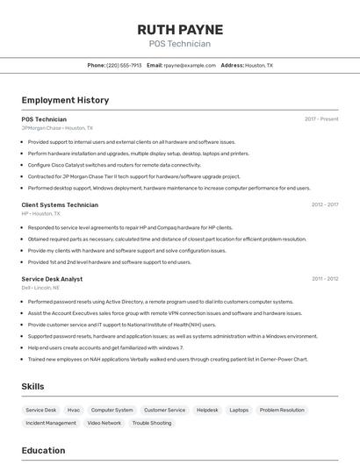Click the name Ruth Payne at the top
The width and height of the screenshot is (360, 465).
180,30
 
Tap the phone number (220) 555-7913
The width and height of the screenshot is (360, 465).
124,65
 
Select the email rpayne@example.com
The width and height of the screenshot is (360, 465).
190,65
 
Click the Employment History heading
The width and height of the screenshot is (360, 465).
65,100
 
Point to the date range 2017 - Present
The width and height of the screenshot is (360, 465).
321,119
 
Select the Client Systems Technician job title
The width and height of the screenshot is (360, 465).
60,204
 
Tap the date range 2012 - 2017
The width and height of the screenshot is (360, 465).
325,204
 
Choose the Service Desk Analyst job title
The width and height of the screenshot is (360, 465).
52,279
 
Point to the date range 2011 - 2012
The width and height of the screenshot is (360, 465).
325,279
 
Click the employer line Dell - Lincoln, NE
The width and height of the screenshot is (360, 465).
40,288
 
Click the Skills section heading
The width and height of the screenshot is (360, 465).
33,386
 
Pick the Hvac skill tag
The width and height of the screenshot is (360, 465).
74,410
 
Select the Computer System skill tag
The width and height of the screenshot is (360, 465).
112,410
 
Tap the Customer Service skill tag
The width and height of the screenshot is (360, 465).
165,410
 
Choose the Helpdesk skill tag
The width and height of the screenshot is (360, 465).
207,410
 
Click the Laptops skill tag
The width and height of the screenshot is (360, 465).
239,410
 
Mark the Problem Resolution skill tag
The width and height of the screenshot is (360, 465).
282,410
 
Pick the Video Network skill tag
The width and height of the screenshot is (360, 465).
104,423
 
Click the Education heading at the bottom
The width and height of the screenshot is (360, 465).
43,451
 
